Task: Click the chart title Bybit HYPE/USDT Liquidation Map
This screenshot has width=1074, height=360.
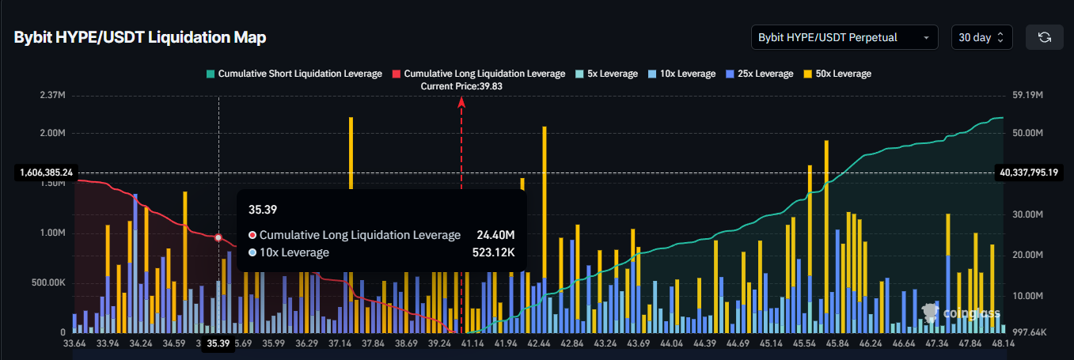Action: [x=140, y=37]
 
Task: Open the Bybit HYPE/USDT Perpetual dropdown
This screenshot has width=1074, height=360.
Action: [x=844, y=37]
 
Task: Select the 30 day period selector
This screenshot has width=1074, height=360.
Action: [x=981, y=37]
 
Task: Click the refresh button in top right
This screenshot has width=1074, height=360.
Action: [x=1044, y=37]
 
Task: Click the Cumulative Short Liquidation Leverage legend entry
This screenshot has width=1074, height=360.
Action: [x=294, y=74]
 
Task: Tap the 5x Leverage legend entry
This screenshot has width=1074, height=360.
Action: [x=606, y=74]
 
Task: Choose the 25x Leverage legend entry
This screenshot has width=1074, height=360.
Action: [x=759, y=74]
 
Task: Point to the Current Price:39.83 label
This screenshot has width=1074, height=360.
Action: [x=461, y=86]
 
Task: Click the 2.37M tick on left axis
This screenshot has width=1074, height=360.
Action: [x=51, y=95]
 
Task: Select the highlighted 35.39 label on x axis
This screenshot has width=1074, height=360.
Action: [x=218, y=343]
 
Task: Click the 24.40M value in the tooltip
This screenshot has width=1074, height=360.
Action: [x=495, y=235]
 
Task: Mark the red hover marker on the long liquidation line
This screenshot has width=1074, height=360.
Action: [x=218, y=237]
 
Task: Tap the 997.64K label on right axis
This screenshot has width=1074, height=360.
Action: [x=1029, y=333]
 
